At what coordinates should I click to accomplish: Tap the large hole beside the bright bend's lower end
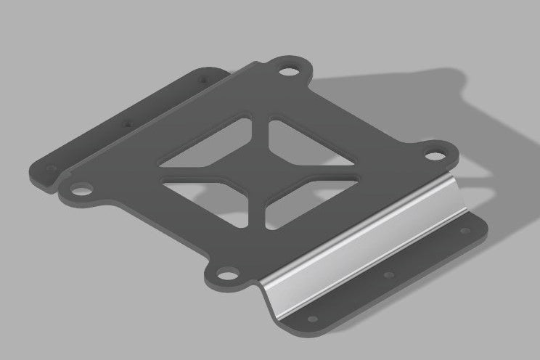[x=229, y=274]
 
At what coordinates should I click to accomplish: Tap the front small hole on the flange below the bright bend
[x=312, y=319]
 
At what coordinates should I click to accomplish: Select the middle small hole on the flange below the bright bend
[x=389, y=275]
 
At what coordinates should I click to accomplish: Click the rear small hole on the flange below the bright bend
[x=464, y=231]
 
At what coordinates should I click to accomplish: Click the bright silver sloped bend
[x=363, y=240]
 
